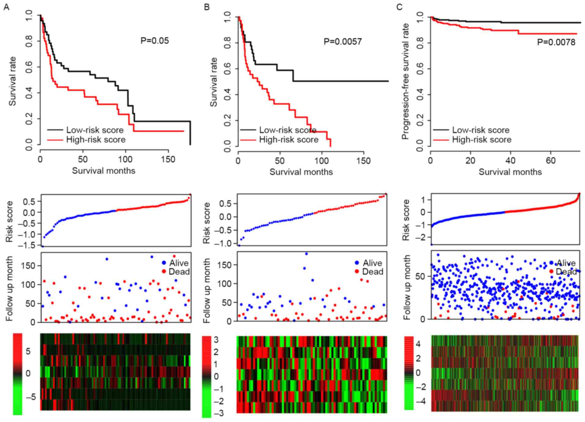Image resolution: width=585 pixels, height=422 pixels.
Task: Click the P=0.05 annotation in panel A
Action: click(154, 41)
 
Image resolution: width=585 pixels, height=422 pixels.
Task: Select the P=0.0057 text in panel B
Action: click(342, 42)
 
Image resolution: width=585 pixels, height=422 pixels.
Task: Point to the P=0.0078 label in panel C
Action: click(556, 42)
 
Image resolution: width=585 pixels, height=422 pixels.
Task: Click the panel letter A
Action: click(6, 7)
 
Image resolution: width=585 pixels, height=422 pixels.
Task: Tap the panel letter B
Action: click(207, 7)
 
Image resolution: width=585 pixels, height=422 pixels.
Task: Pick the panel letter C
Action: click(399, 7)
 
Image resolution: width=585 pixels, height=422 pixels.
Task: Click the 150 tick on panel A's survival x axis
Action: click(168, 160)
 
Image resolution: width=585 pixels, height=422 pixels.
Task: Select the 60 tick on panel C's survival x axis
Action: click(550, 161)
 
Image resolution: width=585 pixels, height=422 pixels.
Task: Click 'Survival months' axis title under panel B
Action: click(301, 172)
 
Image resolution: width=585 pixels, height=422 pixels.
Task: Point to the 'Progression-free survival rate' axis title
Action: click(405, 81)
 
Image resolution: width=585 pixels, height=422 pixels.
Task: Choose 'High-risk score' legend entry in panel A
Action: click(96, 140)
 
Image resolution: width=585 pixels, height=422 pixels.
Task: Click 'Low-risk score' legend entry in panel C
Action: click(481, 130)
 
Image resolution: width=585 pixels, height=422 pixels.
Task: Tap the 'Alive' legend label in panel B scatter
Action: click(372, 263)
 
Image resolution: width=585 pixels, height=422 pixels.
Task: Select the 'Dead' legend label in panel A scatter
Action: click(179, 272)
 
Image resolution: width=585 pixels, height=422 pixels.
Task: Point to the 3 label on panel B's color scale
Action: click(216, 340)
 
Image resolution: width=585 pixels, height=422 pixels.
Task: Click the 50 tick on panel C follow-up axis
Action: click(420, 276)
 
